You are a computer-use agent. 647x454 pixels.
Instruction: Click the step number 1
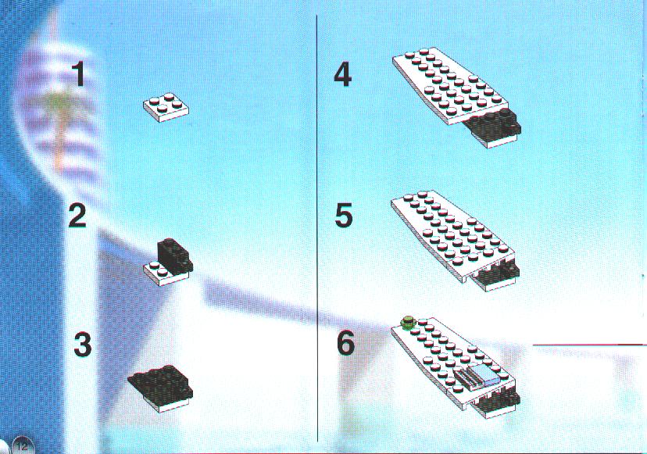coord(79,74)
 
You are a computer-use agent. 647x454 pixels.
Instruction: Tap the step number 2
coord(78,216)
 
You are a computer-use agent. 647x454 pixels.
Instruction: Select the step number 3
coord(83,345)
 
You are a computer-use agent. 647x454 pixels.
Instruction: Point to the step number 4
coord(343,75)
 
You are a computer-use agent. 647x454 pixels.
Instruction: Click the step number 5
coord(344,215)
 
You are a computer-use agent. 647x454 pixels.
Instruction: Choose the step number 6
coord(346,344)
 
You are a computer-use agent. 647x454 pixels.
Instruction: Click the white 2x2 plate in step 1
coord(166,107)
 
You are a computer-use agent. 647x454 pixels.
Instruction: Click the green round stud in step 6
coord(408,321)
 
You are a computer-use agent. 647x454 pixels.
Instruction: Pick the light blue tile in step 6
coord(485,375)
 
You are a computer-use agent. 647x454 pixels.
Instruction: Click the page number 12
coord(23,446)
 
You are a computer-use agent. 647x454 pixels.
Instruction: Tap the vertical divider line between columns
coord(317,229)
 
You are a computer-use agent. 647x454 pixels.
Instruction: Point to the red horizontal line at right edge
coord(590,343)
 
